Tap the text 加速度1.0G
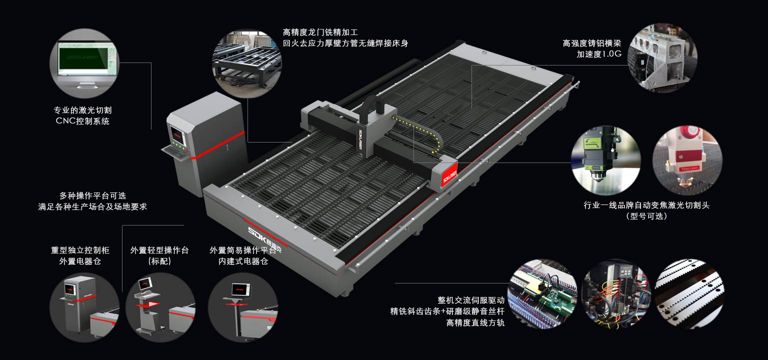(598, 54)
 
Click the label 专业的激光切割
(82, 110)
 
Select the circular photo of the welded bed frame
(247, 63)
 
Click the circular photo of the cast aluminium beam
(662, 57)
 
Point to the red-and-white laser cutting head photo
(687, 160)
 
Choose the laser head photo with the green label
(606, 160)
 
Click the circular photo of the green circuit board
(542, 293)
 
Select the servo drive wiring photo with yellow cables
(616, 293)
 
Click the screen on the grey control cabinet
(178, 135)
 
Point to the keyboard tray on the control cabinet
(175, 152)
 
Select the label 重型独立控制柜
(80, 250)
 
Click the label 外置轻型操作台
(159, 250)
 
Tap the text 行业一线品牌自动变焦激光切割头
(646, 205)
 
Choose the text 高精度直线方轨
(475, 322)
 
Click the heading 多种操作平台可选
(92, 196)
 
